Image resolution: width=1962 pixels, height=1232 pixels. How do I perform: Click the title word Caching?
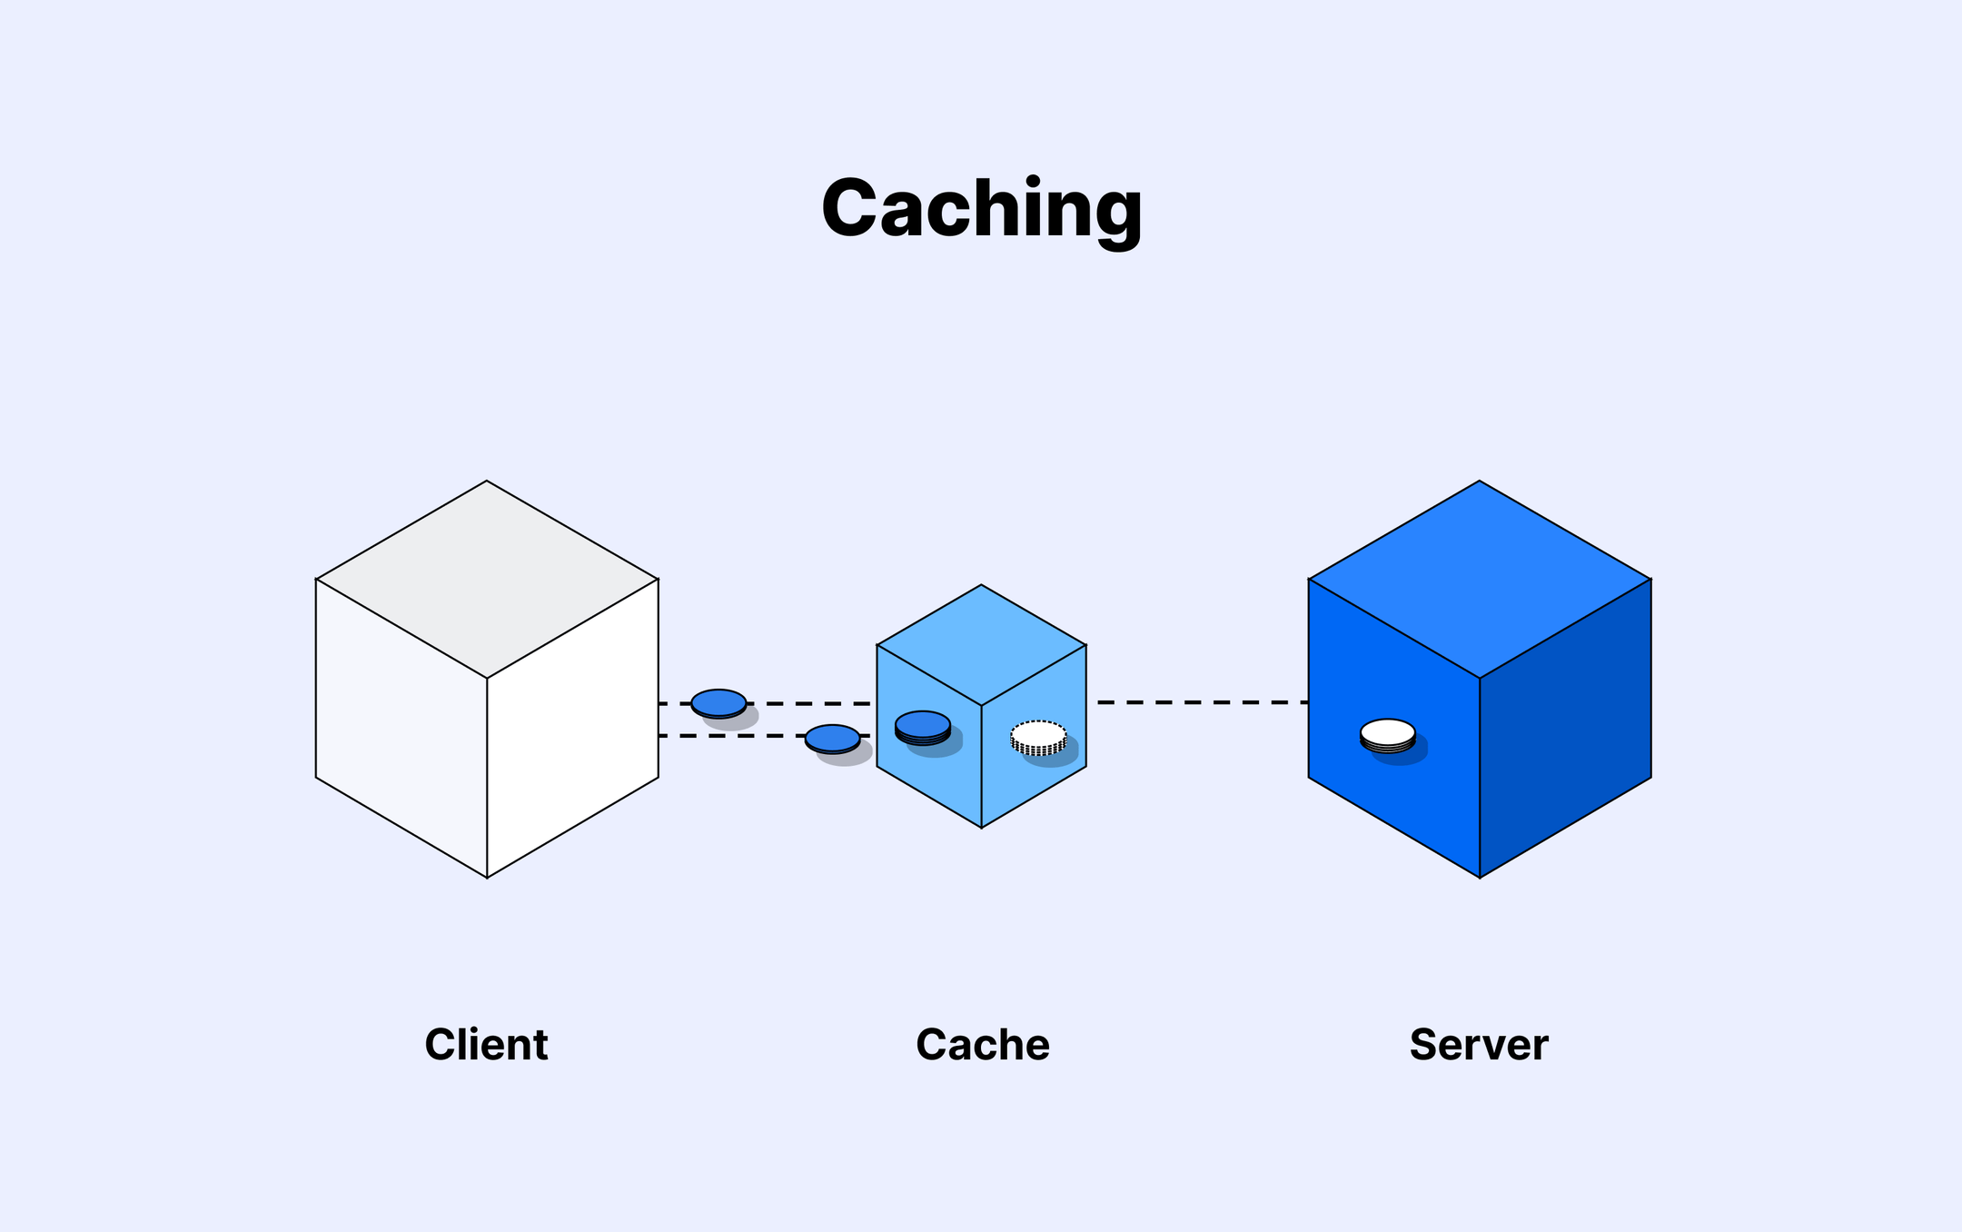pyautogui.click(x=981, y=209)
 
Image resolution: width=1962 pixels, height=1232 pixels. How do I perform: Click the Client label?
pyautogui.click(x=486, y=1045)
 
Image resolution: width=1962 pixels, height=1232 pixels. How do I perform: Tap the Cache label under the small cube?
pyautogui.click(x=982, y=1045)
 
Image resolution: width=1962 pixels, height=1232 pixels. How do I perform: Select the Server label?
pyautogui.click(x=1478, y=1045)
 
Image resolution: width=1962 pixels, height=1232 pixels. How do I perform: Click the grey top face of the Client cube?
pyautogui.click(x=487, y=579)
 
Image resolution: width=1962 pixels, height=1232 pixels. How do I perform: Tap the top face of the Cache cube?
pyautogui.click(x=981, y=644)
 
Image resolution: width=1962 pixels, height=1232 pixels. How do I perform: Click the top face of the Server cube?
pyautogui.click(x=1480, y=579)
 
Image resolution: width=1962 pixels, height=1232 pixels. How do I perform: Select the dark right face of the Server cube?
pyautogui.click(x=1565, y=727)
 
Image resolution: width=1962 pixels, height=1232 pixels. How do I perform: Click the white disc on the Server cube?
pyautogui.click(x=1387, y=733)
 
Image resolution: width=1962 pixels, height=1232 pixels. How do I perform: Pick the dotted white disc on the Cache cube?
pyautogui.click(x=1038, y=735)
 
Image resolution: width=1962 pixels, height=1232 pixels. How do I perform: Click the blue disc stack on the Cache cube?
pyautogui.click(x=923, y=726)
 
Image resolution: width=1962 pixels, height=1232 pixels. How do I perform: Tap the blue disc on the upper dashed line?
pyautogui.click(x=718, y=703)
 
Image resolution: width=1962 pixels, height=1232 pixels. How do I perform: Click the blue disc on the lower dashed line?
pyautogui.click(x=832, y=739)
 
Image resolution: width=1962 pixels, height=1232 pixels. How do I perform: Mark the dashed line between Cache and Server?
pyautogui.click(x=1199, y=702)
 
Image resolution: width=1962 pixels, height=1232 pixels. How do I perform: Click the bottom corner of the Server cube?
pyautogui.click(x=1480, y=877)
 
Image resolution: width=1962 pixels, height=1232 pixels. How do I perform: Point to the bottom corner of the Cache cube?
pyautogui.click(x=981, y=827)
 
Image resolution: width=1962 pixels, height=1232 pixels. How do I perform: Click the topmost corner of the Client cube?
pyautogui.click(x=487, y=482)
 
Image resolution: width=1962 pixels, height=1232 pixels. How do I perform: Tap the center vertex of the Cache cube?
pyautogui.click(x=981, y=705)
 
